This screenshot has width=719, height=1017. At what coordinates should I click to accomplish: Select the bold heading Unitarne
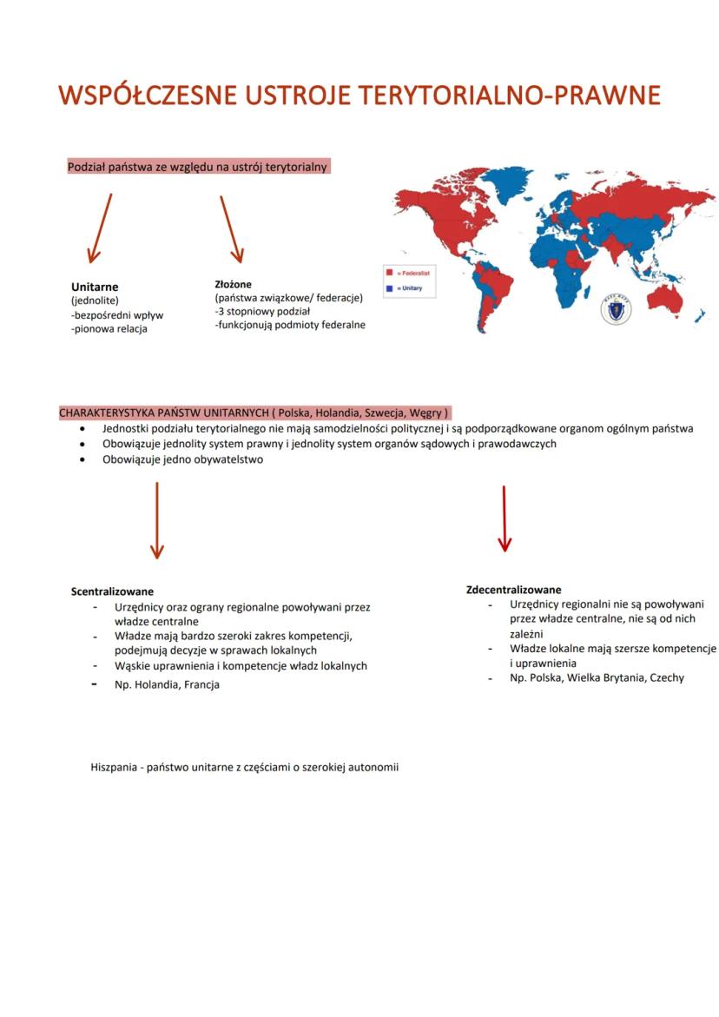tap(95, 287)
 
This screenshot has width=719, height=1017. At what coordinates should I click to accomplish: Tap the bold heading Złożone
tap(233, 283)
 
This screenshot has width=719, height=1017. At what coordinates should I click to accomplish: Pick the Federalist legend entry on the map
tap(412, 272)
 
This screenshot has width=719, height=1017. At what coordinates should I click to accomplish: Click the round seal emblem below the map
tap(616, 310)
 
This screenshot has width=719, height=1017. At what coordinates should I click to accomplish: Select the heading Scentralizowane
tap(112, 591)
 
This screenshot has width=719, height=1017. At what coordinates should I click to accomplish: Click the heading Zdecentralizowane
tap(513, 590)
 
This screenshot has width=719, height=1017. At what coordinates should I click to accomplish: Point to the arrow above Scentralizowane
tap(157, 520)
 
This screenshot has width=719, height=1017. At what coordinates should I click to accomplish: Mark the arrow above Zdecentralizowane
tap(505, 518)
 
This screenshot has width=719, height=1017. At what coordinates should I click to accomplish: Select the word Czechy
tap(666, 677)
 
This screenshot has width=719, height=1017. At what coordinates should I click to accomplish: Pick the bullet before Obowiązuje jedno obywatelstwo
tap(82, 460)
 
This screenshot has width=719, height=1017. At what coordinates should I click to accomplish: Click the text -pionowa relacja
tap(109, 329)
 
